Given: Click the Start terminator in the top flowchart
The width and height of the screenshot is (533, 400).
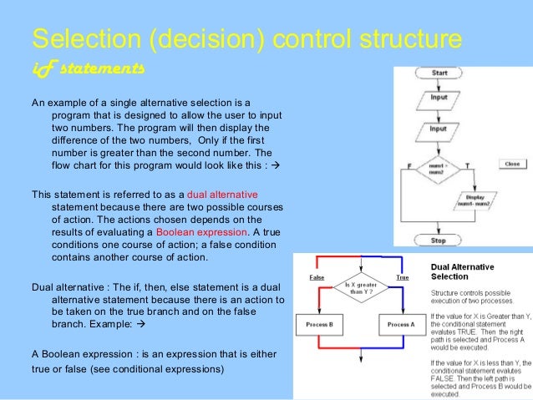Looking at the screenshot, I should [439, 73].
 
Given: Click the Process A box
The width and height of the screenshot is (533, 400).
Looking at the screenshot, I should [400, 324].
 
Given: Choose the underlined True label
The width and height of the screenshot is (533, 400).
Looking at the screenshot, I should [402, 276].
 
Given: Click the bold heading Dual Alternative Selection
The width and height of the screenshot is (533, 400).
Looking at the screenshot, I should [462, 271].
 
